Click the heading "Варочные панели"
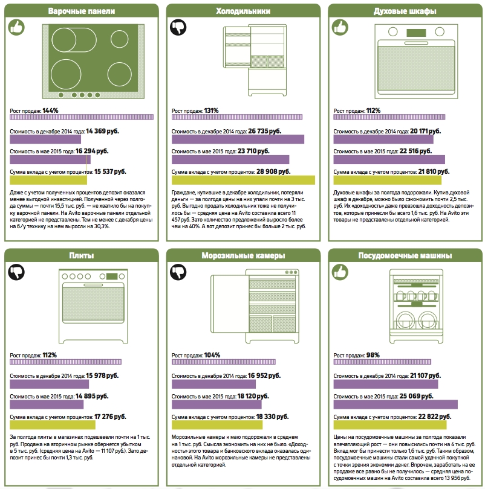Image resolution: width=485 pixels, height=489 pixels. pyautogui.click(x=82, y=11)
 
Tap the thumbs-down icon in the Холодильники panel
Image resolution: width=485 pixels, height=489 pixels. pyautogui.click(x=178, y=27)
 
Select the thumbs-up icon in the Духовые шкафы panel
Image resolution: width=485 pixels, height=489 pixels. pyautogui.click(x=340, y=27)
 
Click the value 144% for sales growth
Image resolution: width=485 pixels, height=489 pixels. pyautogui.click(x=50, y=110)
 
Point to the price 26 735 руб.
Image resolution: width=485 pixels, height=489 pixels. pyautogui.click(x=264, y=131)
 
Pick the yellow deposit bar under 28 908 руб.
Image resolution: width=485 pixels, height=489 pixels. pyautogui.click(x=243, y=180)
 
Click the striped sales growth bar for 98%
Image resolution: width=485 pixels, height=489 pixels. pyautogui.click(x=382, y=362)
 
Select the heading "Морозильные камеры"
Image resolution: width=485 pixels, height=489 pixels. pyautogui.click(x=243, y=256)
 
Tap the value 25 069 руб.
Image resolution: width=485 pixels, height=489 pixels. pyautogui.click(x=416, y=396)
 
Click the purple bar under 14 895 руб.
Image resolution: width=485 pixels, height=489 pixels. pyautogui.click(x=47, y=404)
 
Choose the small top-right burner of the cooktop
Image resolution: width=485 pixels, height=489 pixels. pyautogui.click(x=119, y=39)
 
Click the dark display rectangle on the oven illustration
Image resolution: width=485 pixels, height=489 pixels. pyautogui.click(x=416, y=33)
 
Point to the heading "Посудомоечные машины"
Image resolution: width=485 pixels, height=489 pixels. pyautogui.click(x=405, y=256)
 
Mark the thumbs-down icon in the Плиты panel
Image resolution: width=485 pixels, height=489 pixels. pyautogui.click(x=16, y=272)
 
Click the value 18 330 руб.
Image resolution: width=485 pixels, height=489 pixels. pyautogui.click(x=272, y=417)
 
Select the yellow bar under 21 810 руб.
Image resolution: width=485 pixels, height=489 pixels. pyautogui.click(x=388, y=180)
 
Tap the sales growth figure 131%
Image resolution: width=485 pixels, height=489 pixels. pyautogui.click(x=212, y=110)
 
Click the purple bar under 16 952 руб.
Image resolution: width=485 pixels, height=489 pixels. pyautogui.click(x=213, y=384)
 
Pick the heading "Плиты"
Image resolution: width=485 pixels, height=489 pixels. pyautogui.click(x=82, y=256)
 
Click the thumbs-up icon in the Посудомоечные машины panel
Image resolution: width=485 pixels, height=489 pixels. pyautogui.click(x=340, y=272)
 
